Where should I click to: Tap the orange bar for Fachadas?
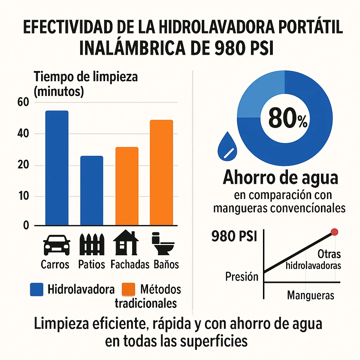(127, 186)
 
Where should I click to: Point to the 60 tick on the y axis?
(23, 102)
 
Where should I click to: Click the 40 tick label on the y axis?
(23, 134)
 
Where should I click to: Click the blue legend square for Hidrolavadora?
(37, 289)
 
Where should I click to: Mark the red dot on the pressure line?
(335, 232)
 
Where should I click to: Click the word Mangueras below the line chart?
(311, 295)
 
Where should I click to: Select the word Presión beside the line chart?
(242, 277)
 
